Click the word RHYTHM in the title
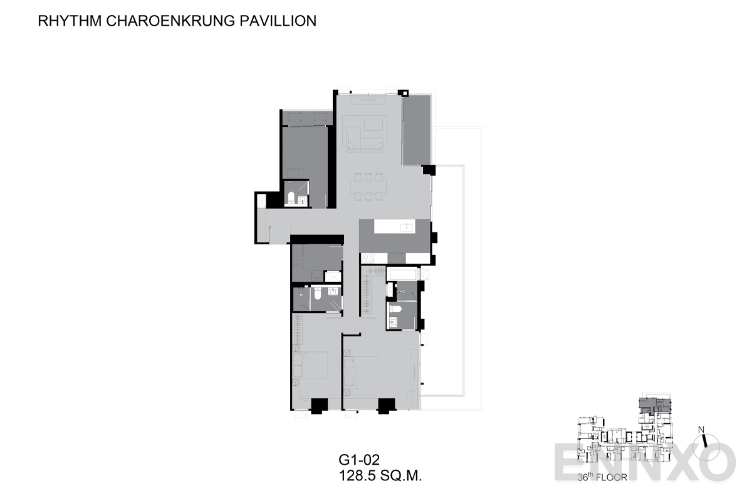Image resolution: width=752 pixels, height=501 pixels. pos(70,21)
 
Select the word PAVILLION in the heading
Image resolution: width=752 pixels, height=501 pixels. pos(278,21)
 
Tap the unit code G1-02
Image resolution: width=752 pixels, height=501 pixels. pos(359,460)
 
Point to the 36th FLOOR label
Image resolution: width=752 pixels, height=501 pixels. pos(602,477)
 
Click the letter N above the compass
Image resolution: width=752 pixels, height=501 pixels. pos(701,430)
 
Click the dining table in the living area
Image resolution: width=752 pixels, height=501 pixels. pos(368,187)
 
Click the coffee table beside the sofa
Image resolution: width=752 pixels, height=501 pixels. pos(373,125)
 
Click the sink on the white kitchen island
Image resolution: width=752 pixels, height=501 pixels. pos(406,227)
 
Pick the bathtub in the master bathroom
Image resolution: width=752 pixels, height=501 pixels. pos(402,274)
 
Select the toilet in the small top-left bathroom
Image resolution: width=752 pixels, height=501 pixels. pos(291,198)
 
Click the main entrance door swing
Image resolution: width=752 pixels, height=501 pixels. pos(277,234)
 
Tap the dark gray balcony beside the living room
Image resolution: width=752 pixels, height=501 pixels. pos(416,130)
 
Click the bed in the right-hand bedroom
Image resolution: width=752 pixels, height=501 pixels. pos(361,373)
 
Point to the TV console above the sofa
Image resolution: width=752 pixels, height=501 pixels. pos(368,100)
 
